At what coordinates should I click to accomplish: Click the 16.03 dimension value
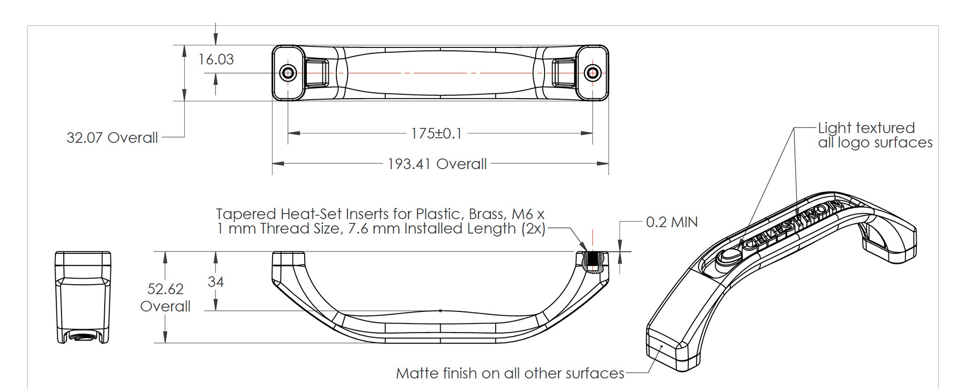tap(216, 59)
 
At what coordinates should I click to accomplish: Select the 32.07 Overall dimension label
tap(112, 138)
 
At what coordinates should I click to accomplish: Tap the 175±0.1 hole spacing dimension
tap(436, 134)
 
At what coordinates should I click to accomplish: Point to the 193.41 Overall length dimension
tap(437, 164)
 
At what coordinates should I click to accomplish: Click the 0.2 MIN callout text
tap(672, 222)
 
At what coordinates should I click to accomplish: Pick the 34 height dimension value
tap(216, 282)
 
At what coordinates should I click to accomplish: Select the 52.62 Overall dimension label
tap(165, 297)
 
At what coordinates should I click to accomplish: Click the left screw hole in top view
tap(289, 73)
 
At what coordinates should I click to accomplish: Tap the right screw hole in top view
tap(592, 73)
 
